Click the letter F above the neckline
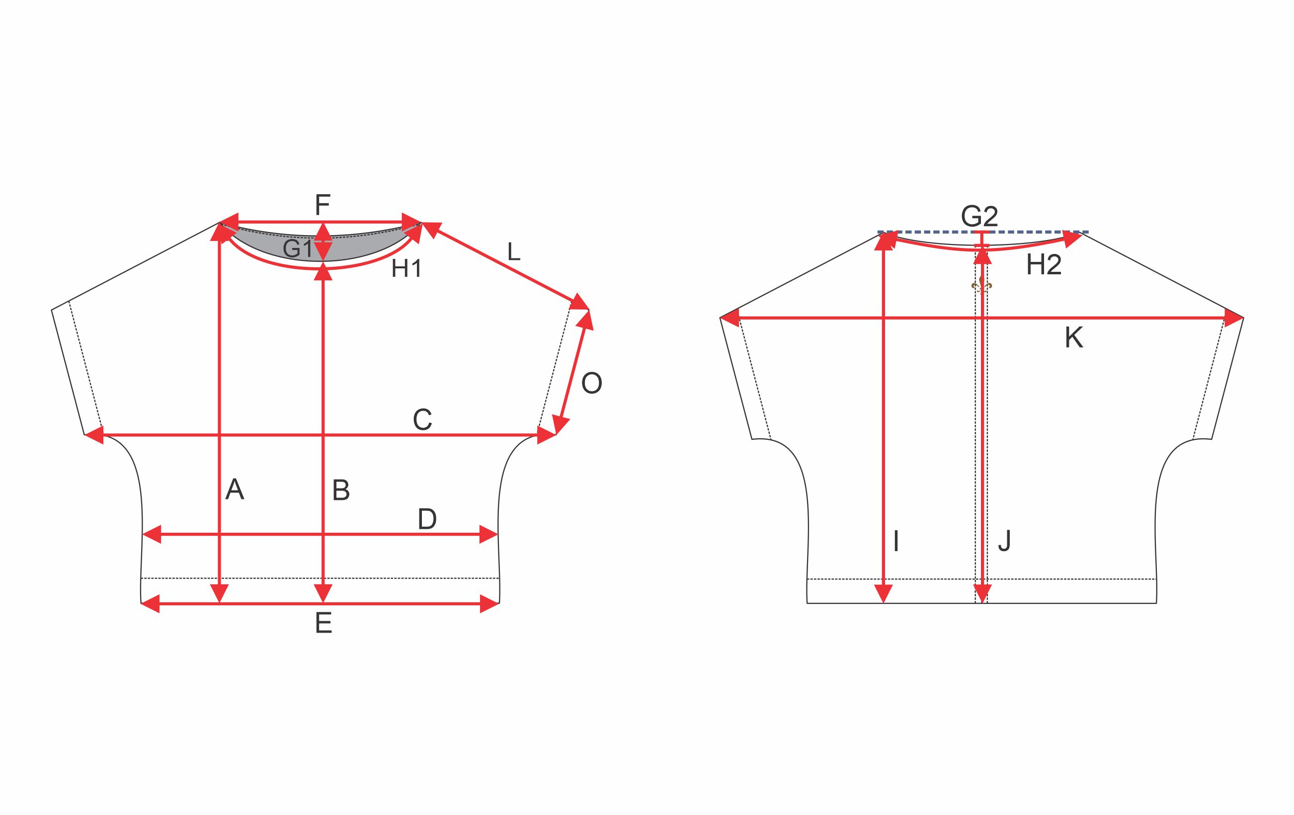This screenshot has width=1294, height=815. [x=323, y=205]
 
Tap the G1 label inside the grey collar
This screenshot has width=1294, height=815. [x=297, y=249]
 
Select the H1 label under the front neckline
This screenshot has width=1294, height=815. [x=407, y=268]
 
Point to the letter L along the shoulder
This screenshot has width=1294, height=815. [x=514, y=251]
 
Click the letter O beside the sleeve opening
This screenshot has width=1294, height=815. [x=592, y=384]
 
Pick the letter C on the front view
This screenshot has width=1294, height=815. [x=422, y=419]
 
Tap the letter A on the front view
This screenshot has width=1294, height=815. [x=235, y=489]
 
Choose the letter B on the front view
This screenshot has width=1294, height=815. [x=341, y=490]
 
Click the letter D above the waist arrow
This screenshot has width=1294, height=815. [x=427, y=519]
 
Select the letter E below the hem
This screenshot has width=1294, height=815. [x=323, y=623]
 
